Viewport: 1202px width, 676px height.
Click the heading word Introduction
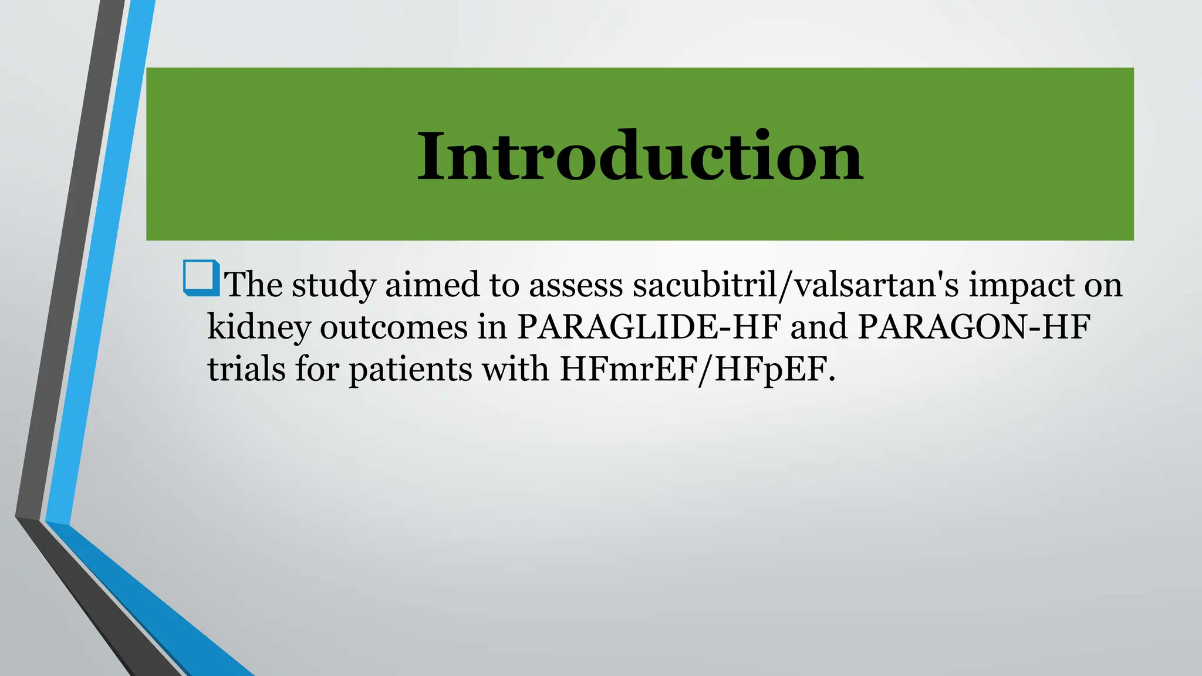point(640,156)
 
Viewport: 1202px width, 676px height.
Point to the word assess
point(575,286)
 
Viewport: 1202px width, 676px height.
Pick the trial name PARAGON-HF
point(974,327)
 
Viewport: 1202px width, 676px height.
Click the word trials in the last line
point(247,369)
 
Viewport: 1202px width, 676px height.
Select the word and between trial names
point(819,327)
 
